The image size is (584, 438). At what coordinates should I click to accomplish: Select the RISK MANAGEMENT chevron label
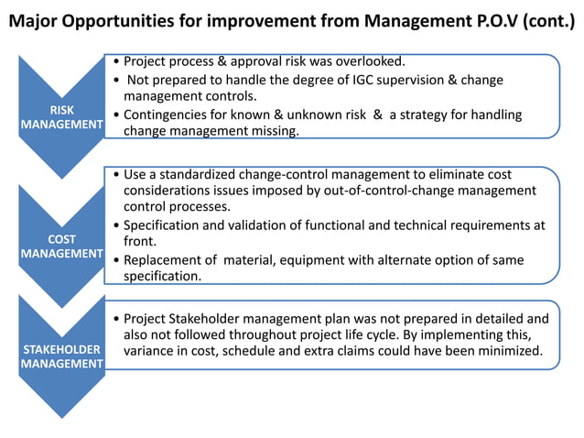[x=60, y=118]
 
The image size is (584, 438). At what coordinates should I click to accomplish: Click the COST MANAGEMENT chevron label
[x=60, y=246]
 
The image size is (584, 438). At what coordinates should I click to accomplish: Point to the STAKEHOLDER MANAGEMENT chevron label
[x=60, y=356]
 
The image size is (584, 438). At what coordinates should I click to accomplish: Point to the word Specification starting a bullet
[x=164, y=225]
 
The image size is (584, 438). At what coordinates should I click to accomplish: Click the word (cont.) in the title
[x=546, y=19]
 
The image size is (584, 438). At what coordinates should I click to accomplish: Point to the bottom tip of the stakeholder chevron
[x=60, y=418]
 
